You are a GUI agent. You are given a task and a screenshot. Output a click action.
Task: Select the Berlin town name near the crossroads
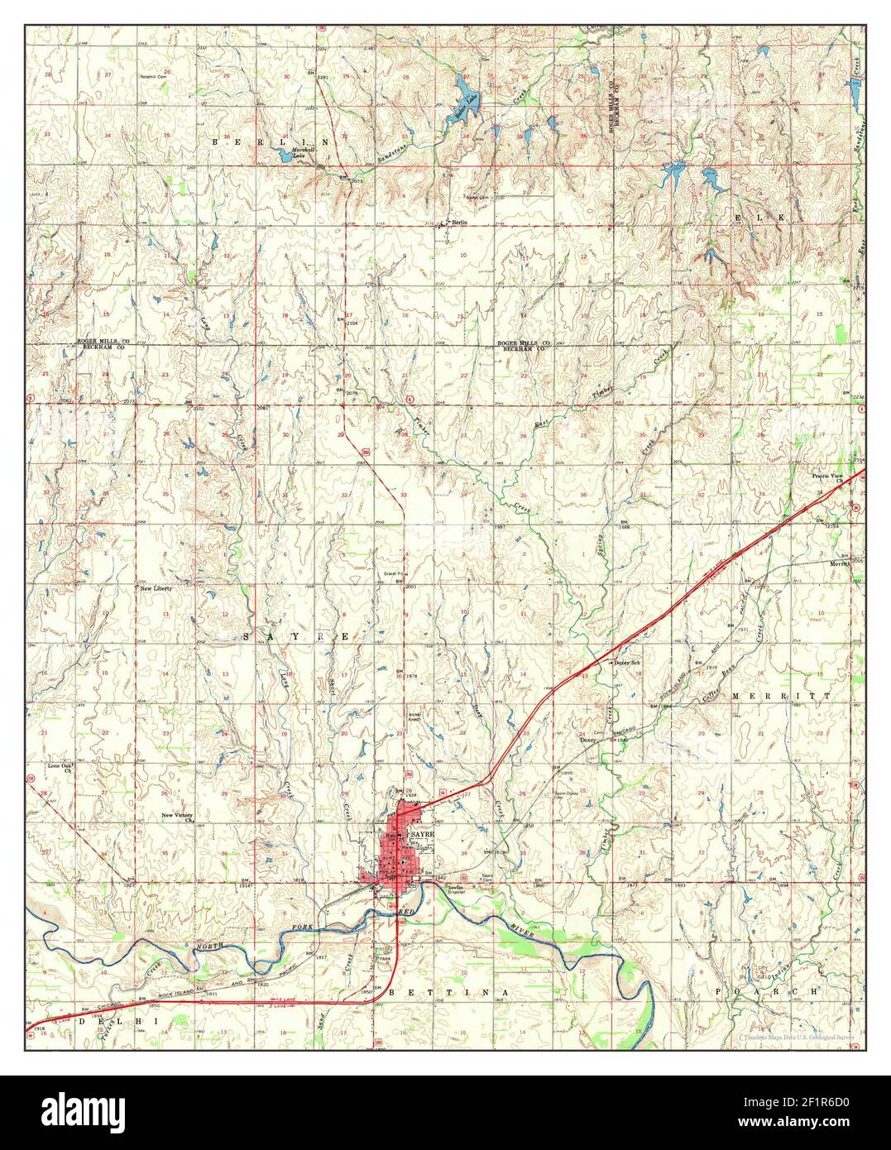[x=459, y=223]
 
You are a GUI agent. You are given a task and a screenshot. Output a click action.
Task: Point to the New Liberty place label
[x=156, y=588]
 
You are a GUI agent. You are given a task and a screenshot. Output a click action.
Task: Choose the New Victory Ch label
[x=178, y=817]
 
